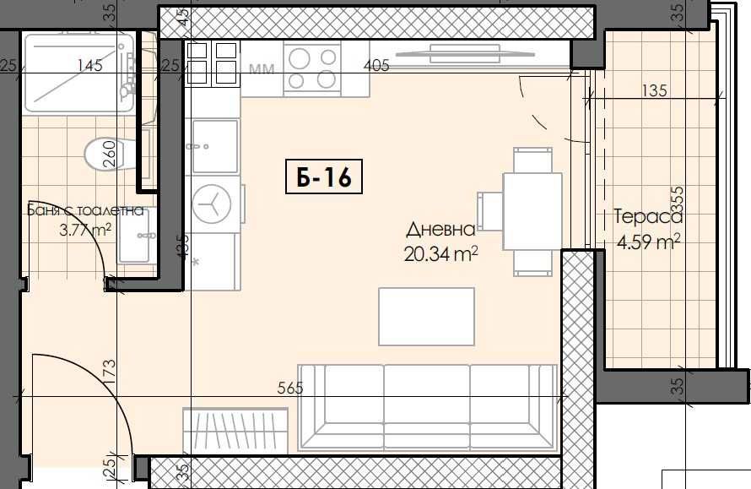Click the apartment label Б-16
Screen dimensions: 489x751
[324, 177]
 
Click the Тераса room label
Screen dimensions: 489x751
[647, 216]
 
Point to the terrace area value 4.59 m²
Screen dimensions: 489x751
[647, 242]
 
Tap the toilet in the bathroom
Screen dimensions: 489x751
[105, 154]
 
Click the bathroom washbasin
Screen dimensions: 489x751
[134, 236]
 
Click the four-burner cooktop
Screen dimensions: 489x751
[311, 69]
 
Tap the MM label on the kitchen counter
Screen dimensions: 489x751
[262, 69]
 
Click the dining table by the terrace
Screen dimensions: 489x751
[532, 211]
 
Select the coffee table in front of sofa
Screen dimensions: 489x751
[426, 316]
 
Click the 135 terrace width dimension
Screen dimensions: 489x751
[654, 90]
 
